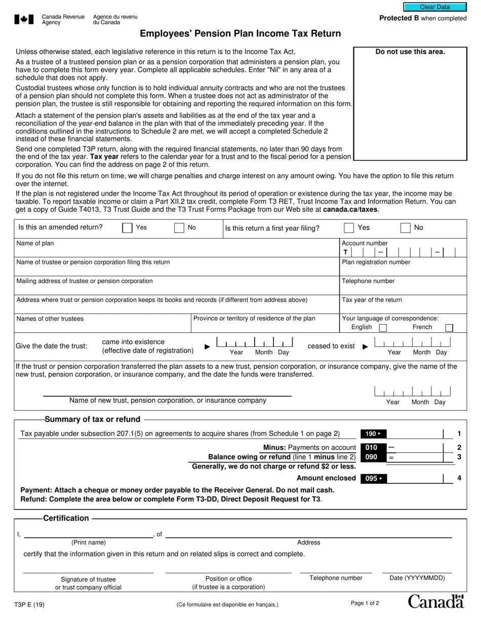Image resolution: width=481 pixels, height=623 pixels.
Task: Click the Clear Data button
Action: (x=434, y=7)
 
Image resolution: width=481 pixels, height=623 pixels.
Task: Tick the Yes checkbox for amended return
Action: (x=127, y=228)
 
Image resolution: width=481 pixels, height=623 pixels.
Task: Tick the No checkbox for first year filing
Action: (x=406, y=228)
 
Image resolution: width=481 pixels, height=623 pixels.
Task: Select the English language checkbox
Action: (x=383, y=328)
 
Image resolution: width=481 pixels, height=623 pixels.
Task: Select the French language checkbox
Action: (x=449, y=328)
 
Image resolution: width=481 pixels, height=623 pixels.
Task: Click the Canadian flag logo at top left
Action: (x=24, y=20)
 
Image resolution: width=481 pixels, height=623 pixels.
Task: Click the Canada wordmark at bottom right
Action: (x=435, y=601)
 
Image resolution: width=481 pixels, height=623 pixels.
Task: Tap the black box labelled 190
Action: (x=373, y=434)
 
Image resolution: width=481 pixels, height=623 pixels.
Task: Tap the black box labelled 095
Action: (x=373, y=479)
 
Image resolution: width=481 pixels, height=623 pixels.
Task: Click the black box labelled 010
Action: (x=373, y=448)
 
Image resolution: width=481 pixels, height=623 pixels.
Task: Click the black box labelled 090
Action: (x=373, y=457)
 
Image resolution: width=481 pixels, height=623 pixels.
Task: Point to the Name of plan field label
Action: (x=35, y=244)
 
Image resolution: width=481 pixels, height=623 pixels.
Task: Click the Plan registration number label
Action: (x=376, y=262)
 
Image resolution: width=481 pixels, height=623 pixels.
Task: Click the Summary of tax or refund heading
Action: (x=93, y=419)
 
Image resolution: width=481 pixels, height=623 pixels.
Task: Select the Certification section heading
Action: (x=66, y=518)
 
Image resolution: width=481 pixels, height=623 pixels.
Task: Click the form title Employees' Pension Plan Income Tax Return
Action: (x=240, y=34)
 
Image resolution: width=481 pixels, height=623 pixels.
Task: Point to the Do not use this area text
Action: (x=410, y=52)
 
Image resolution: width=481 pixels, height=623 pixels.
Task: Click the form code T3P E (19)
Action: (x=30, y=604)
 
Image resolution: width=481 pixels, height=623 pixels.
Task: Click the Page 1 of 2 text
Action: (x=365, y=603)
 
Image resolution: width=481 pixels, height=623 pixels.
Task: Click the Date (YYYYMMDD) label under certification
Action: (x=417, y=578)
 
